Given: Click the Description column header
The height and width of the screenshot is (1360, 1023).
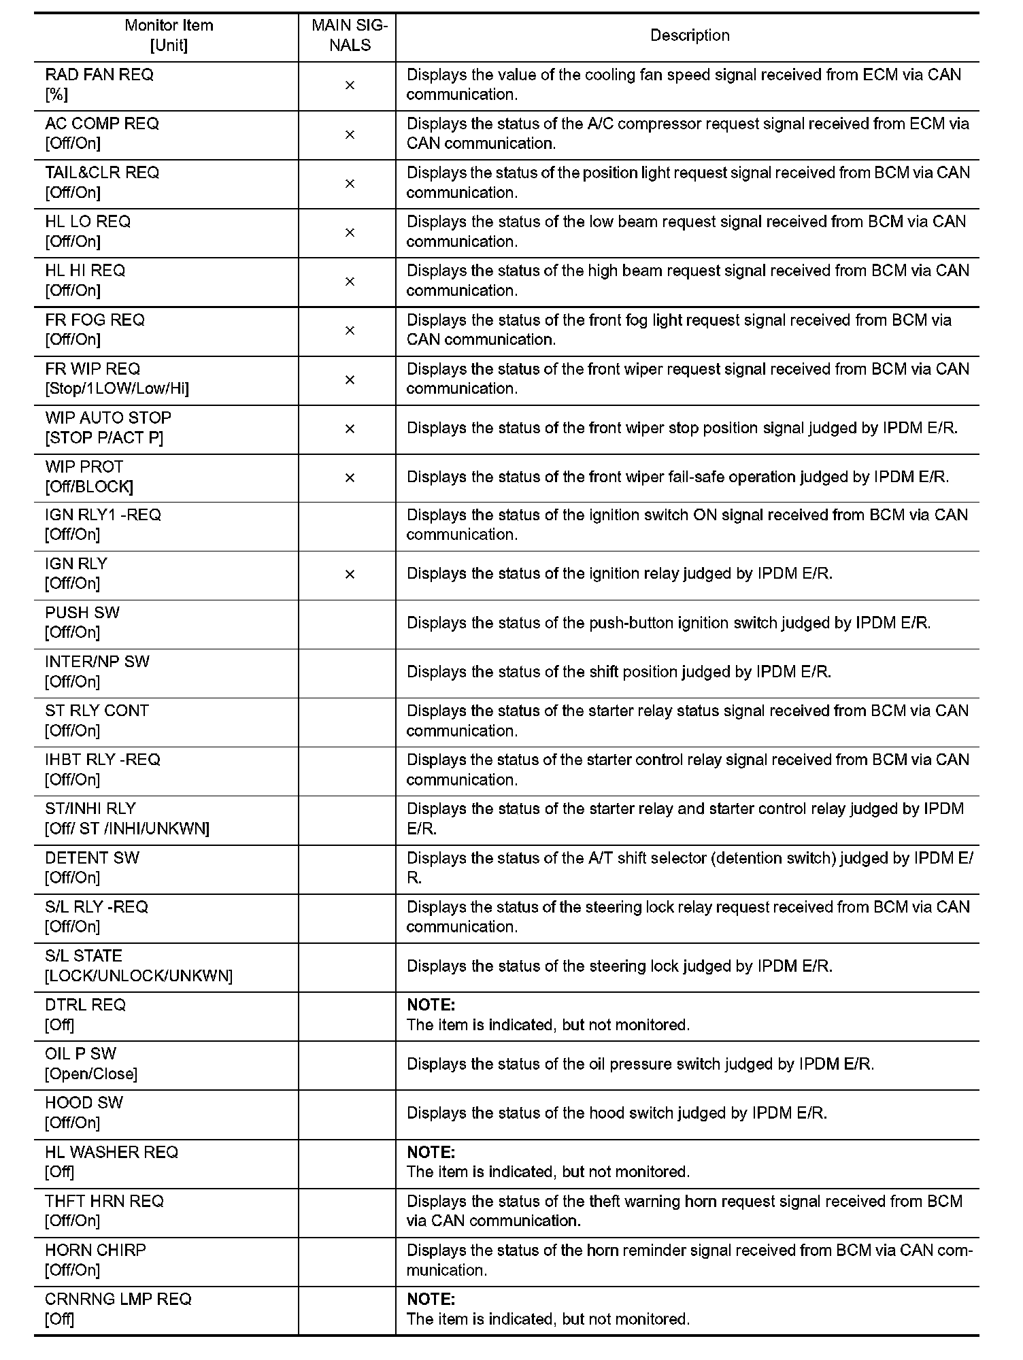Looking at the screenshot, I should pyautogui.click(x=689, y=35).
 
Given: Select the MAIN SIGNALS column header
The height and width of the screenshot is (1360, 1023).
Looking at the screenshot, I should pyautogui.click(x=350, y=35).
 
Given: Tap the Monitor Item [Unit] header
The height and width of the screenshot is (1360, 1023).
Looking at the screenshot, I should pyautogui.click(x=169, y=35).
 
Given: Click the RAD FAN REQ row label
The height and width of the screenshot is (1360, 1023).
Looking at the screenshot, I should pyautogui.click(x=99, y=75).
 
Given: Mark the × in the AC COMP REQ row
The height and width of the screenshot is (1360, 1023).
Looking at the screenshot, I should pyautogui.click(x=350, y=135).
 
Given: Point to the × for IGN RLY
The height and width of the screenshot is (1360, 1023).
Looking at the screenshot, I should pyautogui.click(x=350, y=575).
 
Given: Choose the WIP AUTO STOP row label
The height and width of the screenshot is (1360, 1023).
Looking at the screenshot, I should pyautogui.click(x=108, y=418).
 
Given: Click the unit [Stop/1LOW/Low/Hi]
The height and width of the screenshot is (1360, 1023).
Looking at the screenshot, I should pyautogui.click(x=117, y=388).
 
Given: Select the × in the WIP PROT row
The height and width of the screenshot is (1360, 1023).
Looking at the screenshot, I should pyautogui.click(x=350, y=478).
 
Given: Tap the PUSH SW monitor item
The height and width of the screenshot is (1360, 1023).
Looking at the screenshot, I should pyautogui.click(x=82, y=613).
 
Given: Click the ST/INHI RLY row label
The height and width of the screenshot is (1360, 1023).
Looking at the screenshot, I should pyautogui.click(x=90, y=809).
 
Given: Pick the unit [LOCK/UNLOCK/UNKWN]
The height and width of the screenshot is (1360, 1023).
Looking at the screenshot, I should pyautogui.click(x=139, y=976).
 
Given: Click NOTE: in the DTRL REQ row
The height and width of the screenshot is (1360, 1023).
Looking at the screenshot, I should pyautogui.click(x=431, y=1005).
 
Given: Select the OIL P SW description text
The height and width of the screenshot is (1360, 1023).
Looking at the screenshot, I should pyautogui.click(x=640, y=1064).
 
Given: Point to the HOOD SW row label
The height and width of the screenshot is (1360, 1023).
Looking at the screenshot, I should pyautogui.click(x=84, y=1103).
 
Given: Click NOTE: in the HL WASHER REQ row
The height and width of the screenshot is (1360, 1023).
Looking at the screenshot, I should pyautogui.click(x=431, y=1153).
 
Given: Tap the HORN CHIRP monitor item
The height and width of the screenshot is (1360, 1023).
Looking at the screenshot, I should pyautogui.click(x=95, y=1250).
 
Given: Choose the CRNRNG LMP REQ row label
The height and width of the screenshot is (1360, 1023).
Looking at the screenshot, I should pyautogui.click(x=118, y=1299).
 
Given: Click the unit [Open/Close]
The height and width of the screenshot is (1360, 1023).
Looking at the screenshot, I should pyautogui.click(x=91, y=1074).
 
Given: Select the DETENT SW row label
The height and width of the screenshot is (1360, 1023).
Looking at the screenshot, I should pyautogui.click(x=92, y=857).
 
